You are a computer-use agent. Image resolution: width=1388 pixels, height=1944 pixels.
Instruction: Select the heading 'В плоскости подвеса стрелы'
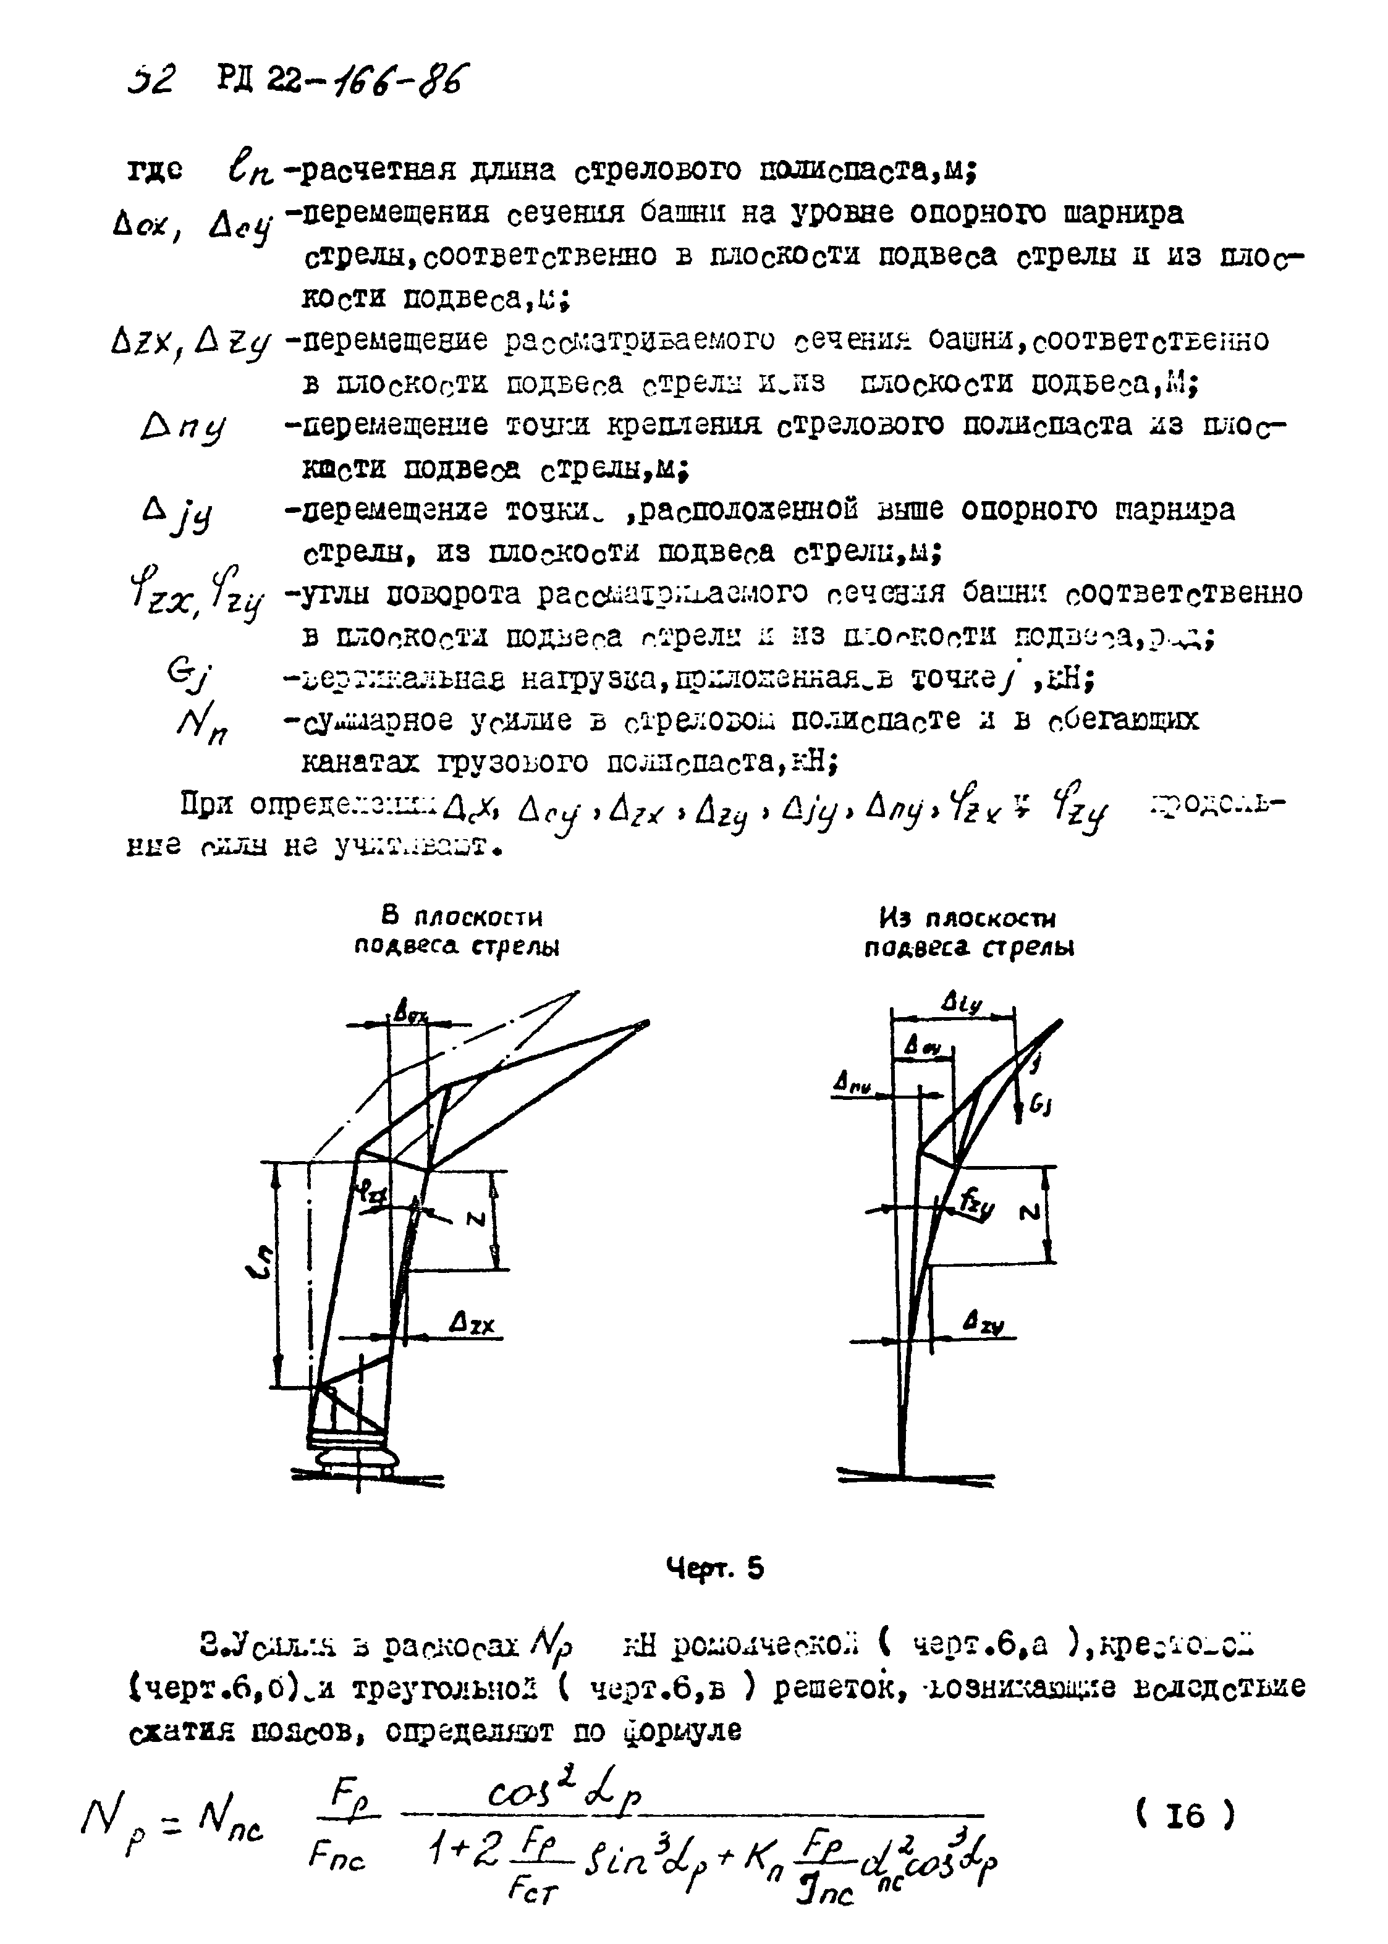(457, 932)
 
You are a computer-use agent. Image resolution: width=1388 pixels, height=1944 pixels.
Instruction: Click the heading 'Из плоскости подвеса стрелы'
(968, 933)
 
